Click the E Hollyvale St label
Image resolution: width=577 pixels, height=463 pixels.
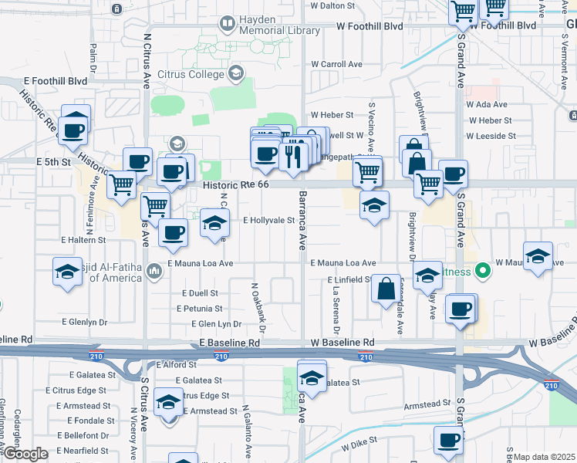point(269,220)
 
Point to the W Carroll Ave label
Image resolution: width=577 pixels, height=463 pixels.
point(338,64)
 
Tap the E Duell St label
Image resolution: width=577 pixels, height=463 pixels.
point(201,293)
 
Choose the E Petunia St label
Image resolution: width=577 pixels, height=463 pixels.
point(199,309)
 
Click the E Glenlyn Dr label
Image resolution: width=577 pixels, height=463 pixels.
point(84,322)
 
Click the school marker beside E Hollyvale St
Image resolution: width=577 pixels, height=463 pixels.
point(214,224)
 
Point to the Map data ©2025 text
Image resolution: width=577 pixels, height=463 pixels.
point(543,457)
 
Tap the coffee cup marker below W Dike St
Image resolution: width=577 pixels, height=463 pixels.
point(448,441)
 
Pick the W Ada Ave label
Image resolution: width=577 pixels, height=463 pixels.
point(487,105)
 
